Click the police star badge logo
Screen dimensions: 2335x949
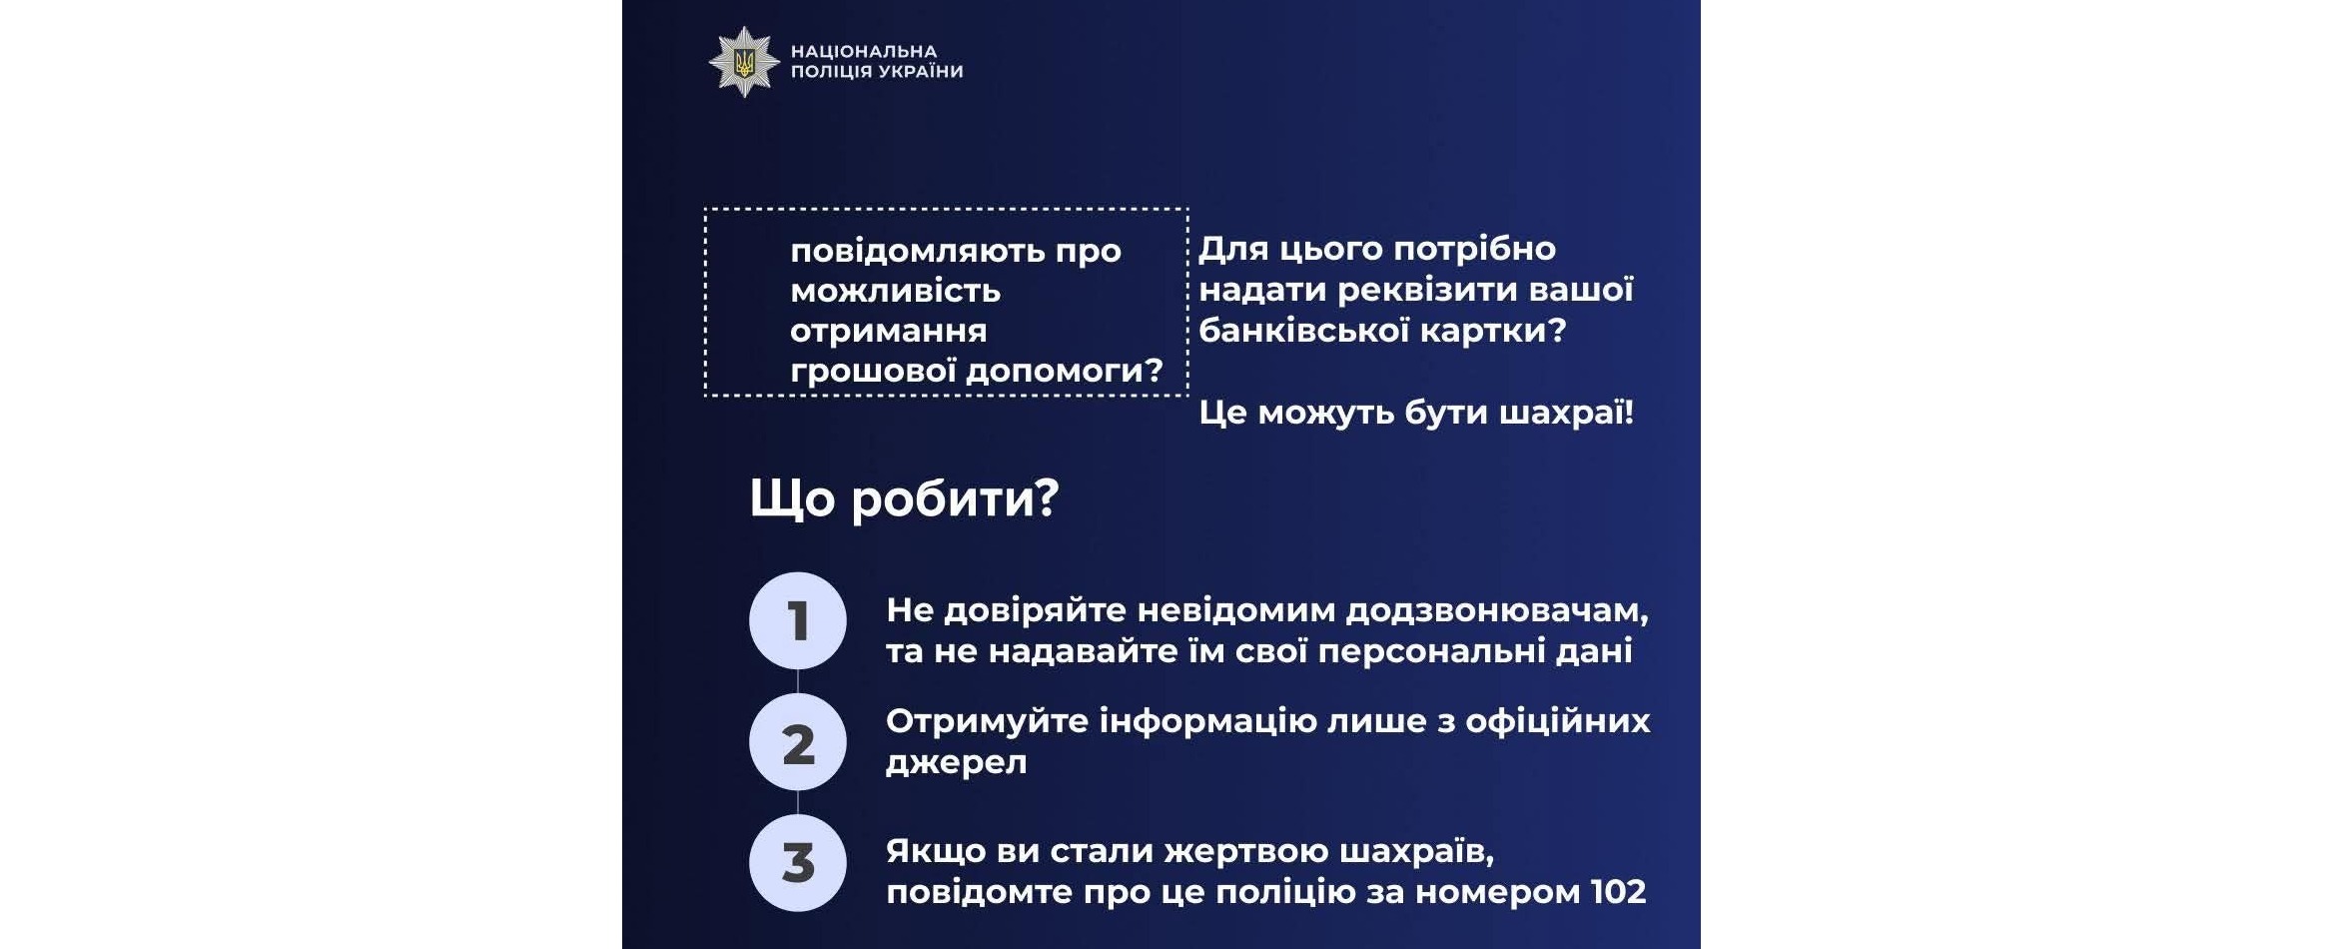click(x=744, y=62)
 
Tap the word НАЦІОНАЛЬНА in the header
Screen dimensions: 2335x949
click(x=864, y=51)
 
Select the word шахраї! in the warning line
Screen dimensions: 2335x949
click(x=1567, y=412)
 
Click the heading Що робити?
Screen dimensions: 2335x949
click(x=904, y=497)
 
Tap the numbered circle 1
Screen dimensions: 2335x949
click(x=798, y=620)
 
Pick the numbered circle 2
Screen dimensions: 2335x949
click(x=798, y=742)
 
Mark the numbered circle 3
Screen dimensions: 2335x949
click(x=798, y=863)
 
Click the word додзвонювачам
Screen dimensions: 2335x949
click(x=1497, y=610)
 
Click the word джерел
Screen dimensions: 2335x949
click(x=956, y=762)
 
